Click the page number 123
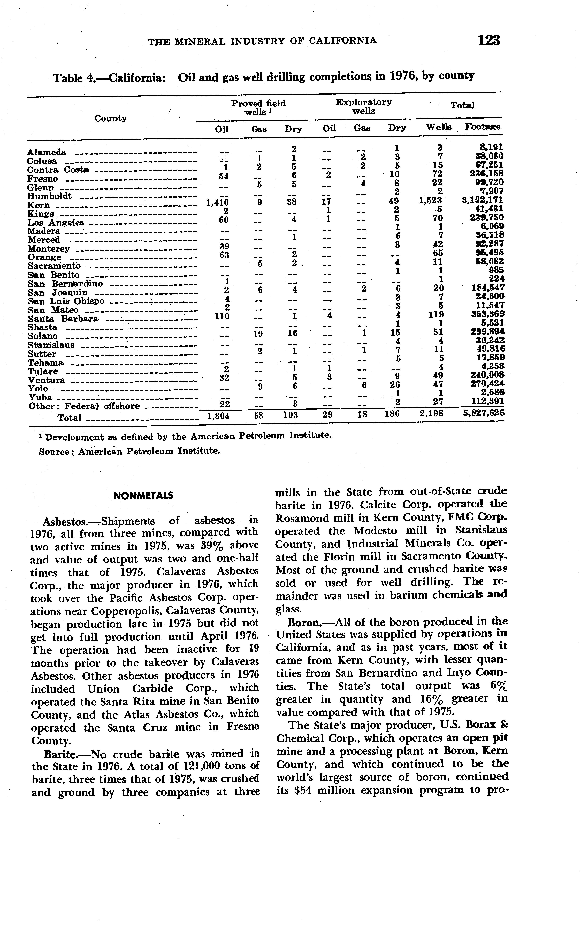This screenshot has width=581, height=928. click(489, 40)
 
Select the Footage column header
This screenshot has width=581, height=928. click(483, 127)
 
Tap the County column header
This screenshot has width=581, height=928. click(111, 118)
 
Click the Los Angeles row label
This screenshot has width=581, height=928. click(56, 223)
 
